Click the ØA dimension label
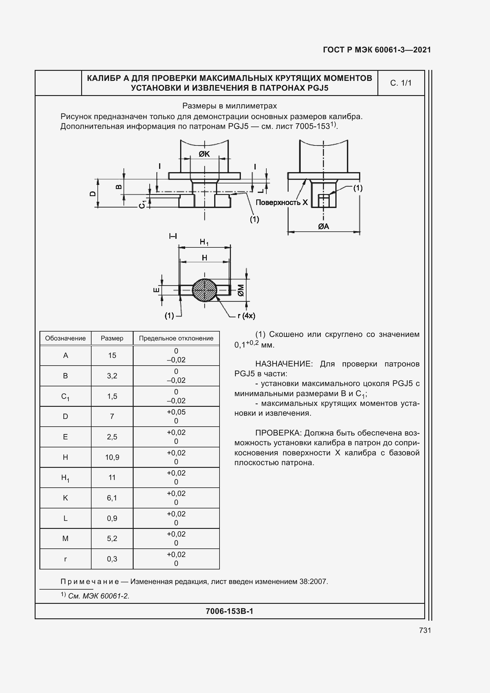(323, 226)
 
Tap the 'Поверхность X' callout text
(281, 203)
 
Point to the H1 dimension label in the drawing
(204, 242)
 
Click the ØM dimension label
(241, 290)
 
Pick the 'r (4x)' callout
(246, 316)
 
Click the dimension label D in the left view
(93, 193)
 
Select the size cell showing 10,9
(112, 457)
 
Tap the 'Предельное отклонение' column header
(176, 338)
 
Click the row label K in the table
(65, 498)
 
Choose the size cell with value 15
(112, 356)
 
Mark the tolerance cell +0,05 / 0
(176, 416)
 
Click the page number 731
(425, 630)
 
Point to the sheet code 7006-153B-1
(229, 611)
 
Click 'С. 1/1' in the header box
(401, 83)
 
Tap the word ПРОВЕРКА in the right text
(278, 433)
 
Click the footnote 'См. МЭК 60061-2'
(98, 596)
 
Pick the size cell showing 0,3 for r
(112, 559)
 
